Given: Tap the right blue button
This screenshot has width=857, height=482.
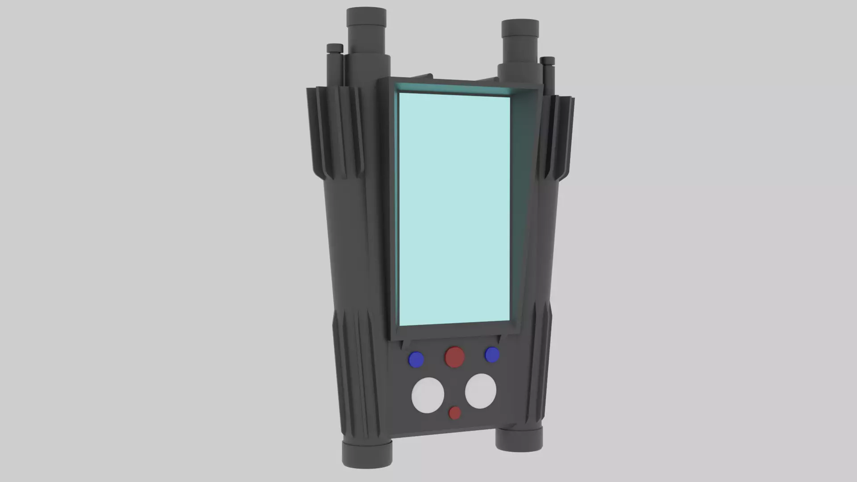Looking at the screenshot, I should (492, 355).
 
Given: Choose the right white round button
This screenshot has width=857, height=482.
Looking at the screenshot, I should (480, 391).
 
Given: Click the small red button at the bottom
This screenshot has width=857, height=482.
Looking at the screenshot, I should (454, 413).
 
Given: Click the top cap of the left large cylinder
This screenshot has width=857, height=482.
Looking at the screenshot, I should (366, 17).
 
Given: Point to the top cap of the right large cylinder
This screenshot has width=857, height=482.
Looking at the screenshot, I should (520, 28).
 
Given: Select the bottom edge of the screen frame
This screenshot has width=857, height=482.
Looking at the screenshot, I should (455, 331).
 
